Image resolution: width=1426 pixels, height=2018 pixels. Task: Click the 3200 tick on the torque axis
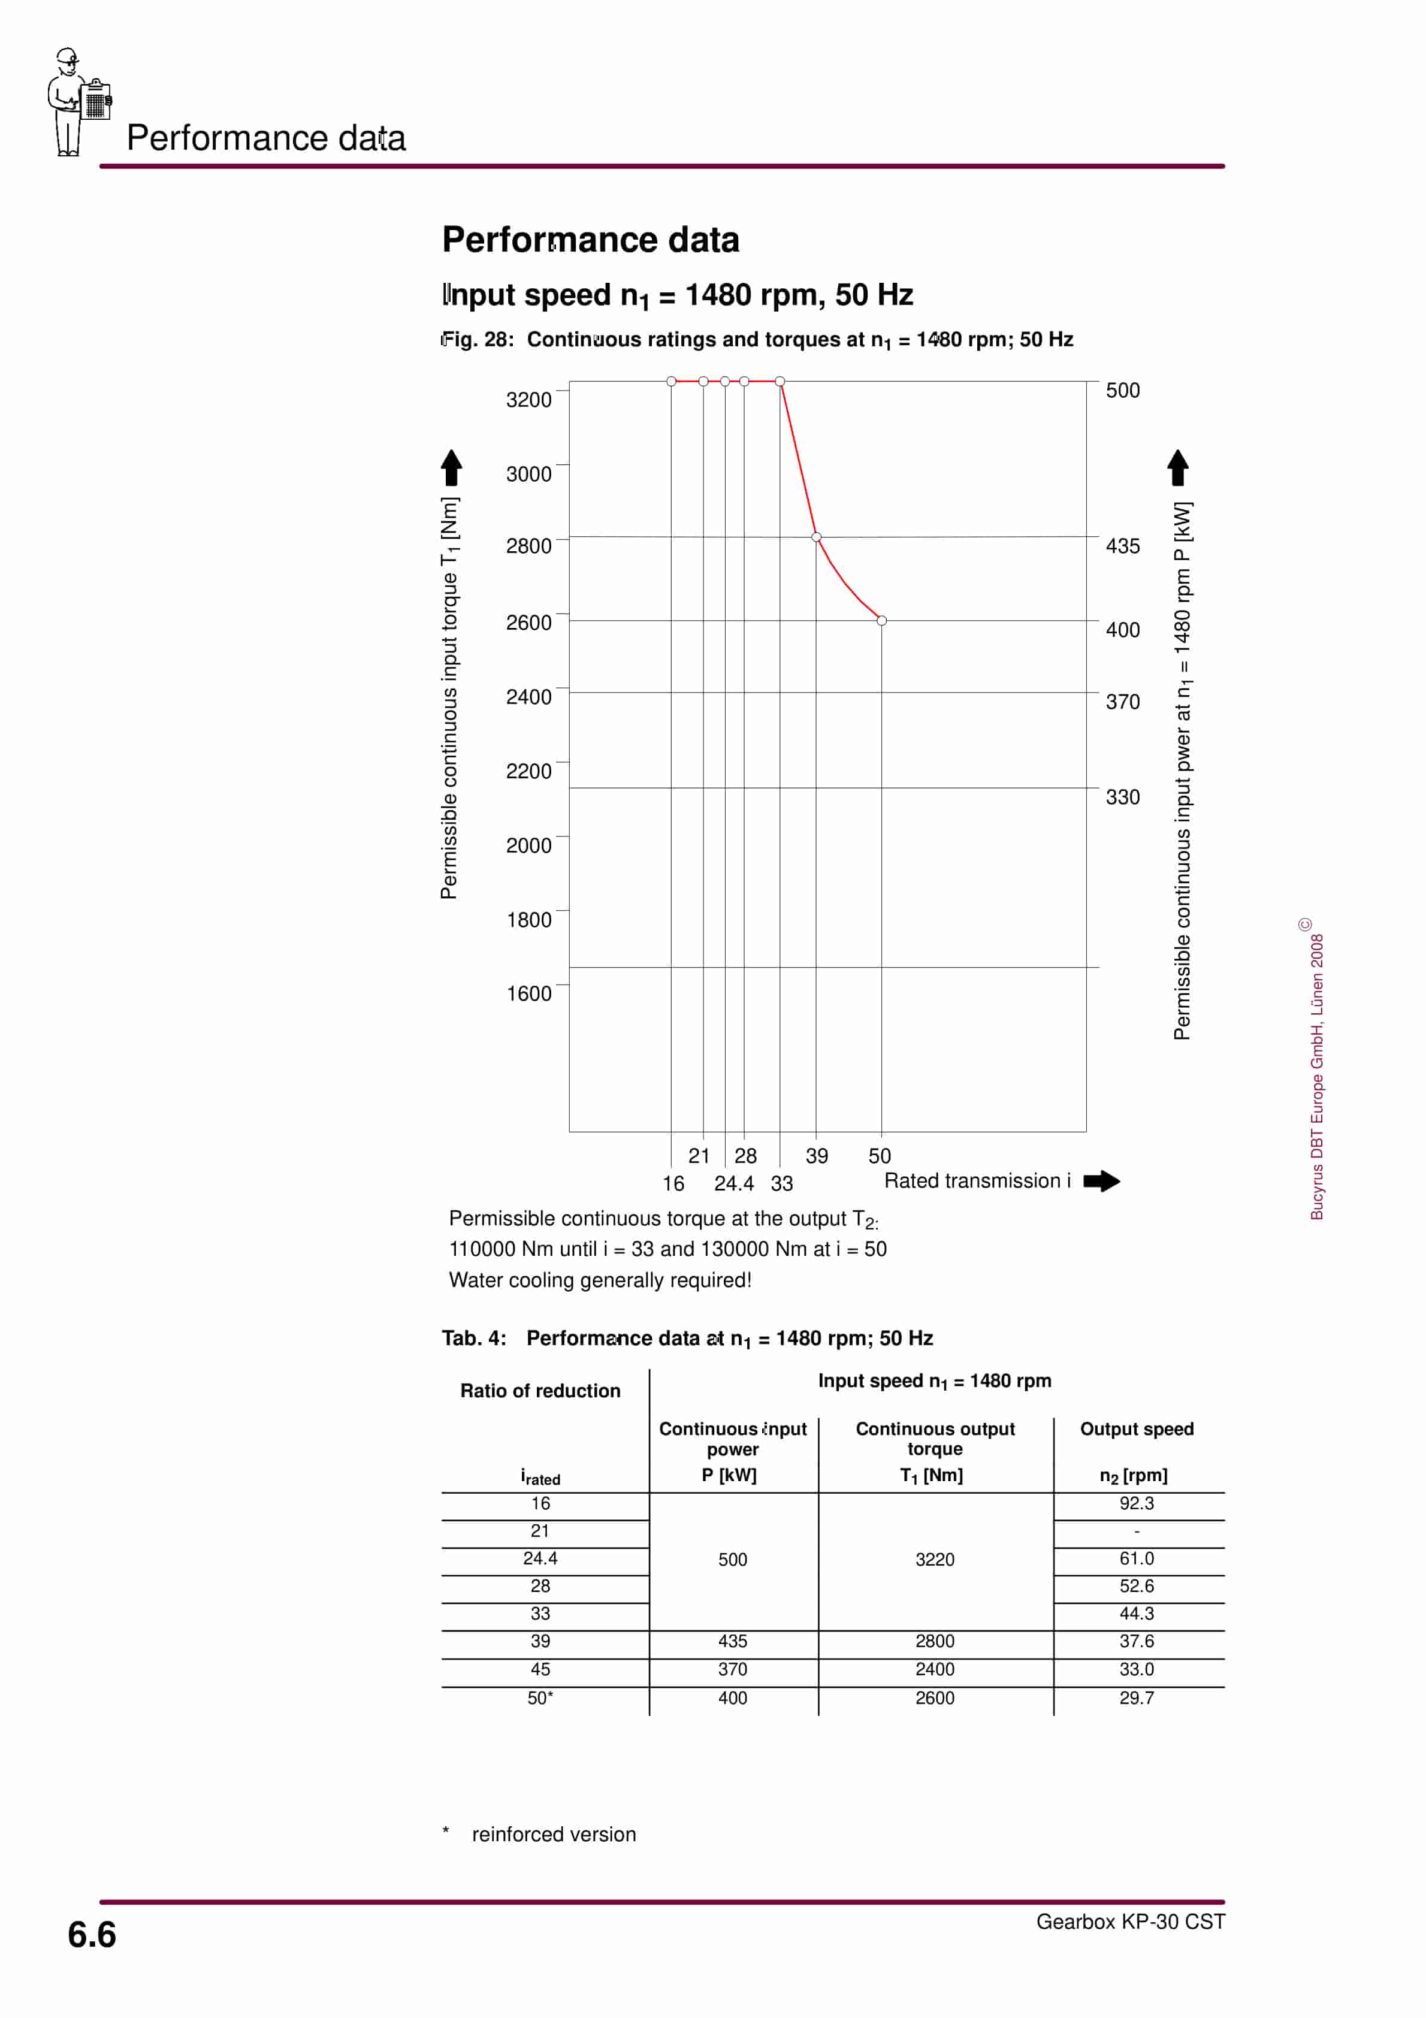528,400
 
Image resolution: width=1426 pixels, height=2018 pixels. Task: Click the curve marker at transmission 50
882,621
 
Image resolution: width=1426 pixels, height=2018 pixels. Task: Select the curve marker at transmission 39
816,537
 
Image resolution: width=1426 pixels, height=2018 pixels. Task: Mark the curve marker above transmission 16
672,382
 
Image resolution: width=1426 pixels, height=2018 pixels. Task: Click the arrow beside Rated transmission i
1102,1182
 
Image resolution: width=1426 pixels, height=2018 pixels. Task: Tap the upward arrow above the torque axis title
451,467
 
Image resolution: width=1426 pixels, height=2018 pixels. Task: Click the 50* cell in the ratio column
540,1698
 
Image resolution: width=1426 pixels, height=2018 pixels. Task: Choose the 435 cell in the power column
732,1641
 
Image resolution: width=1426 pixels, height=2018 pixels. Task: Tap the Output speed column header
1136,1429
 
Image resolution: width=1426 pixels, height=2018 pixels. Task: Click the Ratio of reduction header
540,1391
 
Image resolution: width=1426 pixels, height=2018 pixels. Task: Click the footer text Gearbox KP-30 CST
1130,1922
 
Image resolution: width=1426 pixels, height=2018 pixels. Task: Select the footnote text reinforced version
554,1834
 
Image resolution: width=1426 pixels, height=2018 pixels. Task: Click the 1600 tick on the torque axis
528,993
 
